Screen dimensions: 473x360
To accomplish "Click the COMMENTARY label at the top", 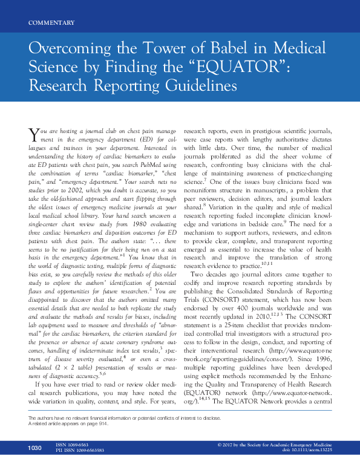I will pyautogui.click(x=51, y=23).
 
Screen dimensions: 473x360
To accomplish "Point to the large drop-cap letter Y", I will pyautogui.click(x=36, y=134).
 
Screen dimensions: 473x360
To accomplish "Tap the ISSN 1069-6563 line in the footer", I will pyautogui.click(x=76, y=460).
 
